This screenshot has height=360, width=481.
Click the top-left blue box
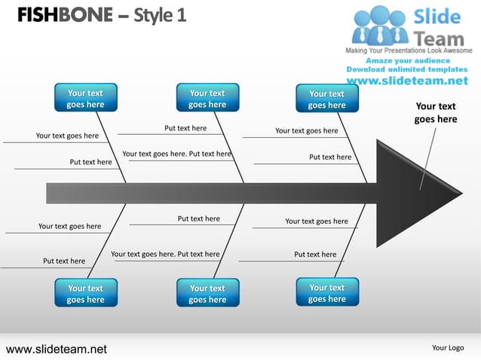point(85,99)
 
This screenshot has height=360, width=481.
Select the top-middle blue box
point(207,99)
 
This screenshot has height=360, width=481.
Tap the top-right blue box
point(326,99)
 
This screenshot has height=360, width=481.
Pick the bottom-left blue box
point(85,294)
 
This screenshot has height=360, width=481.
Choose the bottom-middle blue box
point(207,294)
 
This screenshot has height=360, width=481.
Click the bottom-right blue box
point(326,293)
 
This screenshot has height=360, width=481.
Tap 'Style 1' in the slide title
point(159,15)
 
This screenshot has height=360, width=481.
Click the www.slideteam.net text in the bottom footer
point(57,349)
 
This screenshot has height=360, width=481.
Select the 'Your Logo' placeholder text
point(448,348)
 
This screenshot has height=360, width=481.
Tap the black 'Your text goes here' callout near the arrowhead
point(436,113)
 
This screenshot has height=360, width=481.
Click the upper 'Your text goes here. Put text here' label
point(176,154)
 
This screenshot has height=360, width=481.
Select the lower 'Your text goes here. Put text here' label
point(165,254)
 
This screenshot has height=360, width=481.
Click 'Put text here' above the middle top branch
point(185,128)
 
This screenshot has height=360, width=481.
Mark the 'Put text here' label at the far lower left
point(64,261)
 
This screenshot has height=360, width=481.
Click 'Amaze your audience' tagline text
point(408,60)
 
